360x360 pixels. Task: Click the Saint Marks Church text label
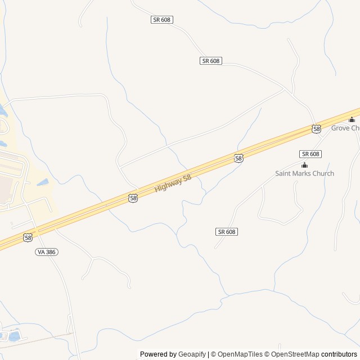[304, 173]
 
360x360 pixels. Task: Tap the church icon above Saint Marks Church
[304, 165]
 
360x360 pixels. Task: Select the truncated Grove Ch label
[345, 128]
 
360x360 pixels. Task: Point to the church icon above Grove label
[352, 119]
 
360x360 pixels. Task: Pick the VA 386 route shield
[47, 252]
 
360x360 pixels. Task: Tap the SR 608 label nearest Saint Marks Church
[310, 154]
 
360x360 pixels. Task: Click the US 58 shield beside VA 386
[28, 238]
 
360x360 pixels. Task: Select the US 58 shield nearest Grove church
[317, 129]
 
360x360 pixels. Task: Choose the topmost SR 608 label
[162, 20]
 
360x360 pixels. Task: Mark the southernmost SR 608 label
[226, 232]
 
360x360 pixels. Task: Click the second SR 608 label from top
[210, 61]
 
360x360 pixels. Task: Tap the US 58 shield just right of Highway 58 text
[238, 159]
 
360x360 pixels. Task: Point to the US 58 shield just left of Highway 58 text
[133, 198]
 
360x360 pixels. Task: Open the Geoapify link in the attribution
[192, 354]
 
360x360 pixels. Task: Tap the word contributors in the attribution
[340, 354]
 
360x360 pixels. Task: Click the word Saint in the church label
[283, 173]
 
